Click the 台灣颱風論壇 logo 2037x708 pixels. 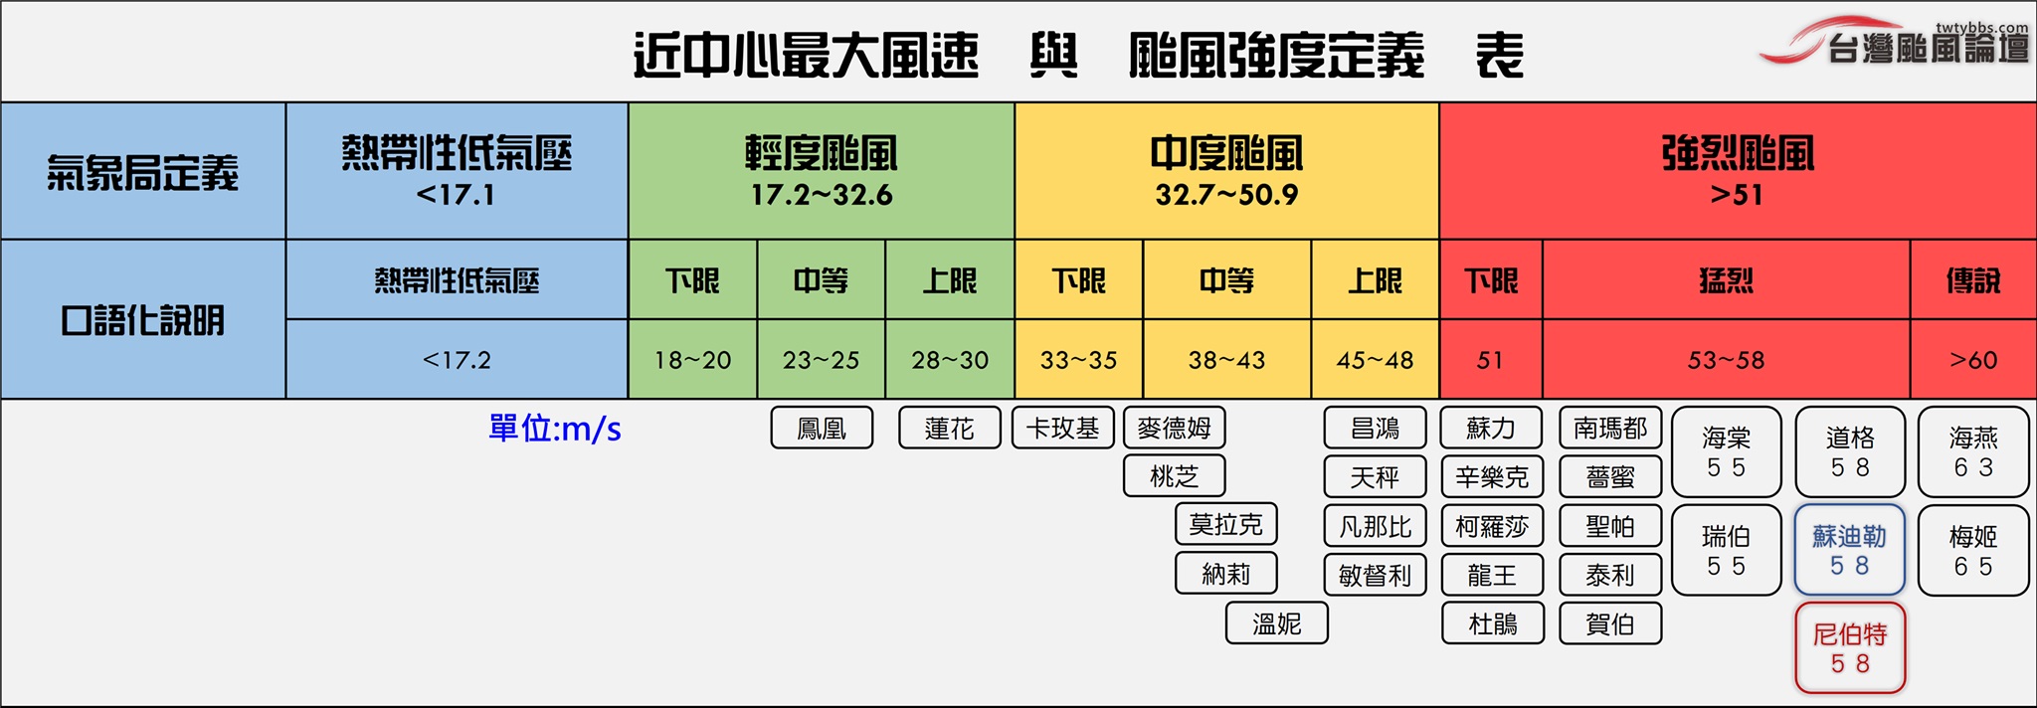[1895, 42]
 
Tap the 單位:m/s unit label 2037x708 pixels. [555, 429]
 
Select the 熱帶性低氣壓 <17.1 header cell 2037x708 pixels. [457, 171]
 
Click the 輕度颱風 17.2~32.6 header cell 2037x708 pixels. [822, 171]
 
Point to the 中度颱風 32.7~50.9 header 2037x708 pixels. [1226, 171]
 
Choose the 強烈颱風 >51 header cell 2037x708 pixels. [1738, 171]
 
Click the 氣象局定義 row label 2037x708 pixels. [143, 171]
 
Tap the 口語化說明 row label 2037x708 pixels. [143, 319]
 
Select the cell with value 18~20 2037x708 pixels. [692, 359]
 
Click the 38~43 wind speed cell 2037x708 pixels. [1226, 359]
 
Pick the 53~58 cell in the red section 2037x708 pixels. [1726, 359]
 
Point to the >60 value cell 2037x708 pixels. [1973, 359]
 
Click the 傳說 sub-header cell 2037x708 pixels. [1973, 280]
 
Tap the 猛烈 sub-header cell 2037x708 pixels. [1726, 280]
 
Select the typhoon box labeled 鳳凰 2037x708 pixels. [822, 428]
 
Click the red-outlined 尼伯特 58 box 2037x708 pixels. [1850, 648]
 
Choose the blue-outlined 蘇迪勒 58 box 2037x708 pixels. [1850, 550]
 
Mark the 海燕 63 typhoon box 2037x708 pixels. [1973, 451]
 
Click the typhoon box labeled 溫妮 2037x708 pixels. [1277, 623]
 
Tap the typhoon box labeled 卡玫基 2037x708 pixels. [1063, 428]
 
